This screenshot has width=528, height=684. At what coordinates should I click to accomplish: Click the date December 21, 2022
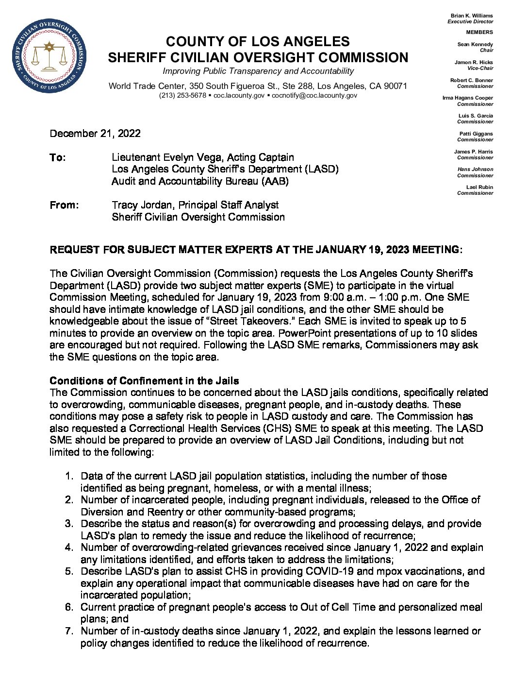point(95,134)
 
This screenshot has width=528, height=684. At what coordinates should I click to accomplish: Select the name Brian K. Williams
point(471,16)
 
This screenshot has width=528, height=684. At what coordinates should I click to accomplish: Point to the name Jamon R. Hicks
point(473,62)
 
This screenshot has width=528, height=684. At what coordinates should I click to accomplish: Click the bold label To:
point(57,157)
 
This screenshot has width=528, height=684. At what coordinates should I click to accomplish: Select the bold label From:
point(64,205)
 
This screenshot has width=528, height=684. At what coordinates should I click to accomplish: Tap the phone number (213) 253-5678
point(182,96)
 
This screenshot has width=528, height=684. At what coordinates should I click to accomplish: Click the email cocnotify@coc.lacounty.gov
point(314,96)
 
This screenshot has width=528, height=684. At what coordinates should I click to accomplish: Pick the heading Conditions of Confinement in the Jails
point(144,380)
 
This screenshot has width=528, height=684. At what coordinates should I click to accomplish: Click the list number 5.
point(69,571)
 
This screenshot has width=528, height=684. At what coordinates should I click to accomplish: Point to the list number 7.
point(69,631)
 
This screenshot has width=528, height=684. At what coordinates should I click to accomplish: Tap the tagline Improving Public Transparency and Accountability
point(258,71)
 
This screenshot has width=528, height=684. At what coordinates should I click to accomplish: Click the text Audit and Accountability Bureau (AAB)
point(200,181)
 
